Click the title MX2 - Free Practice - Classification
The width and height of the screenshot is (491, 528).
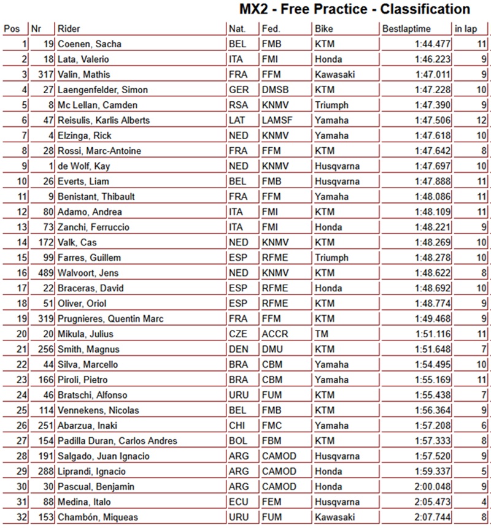tap(355, 10)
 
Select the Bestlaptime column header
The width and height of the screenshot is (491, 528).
tap(406, 29)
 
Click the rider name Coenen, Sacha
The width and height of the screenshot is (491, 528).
tap(89, 44)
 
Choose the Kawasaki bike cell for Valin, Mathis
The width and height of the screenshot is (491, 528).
tap(335, 75)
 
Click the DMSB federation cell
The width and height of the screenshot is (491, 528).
tap(275, 90)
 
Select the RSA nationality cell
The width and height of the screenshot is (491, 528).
tap(238, 105)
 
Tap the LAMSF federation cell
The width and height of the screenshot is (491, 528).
tap(277, 121)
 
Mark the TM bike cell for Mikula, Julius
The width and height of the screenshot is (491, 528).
tap(322, 334)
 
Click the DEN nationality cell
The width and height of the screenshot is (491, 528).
tap(238, 350)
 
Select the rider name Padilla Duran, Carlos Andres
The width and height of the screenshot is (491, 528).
tap(117, 441)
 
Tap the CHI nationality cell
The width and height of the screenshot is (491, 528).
tap(237, 426)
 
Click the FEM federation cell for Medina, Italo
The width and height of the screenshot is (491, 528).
tap(273, 502)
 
